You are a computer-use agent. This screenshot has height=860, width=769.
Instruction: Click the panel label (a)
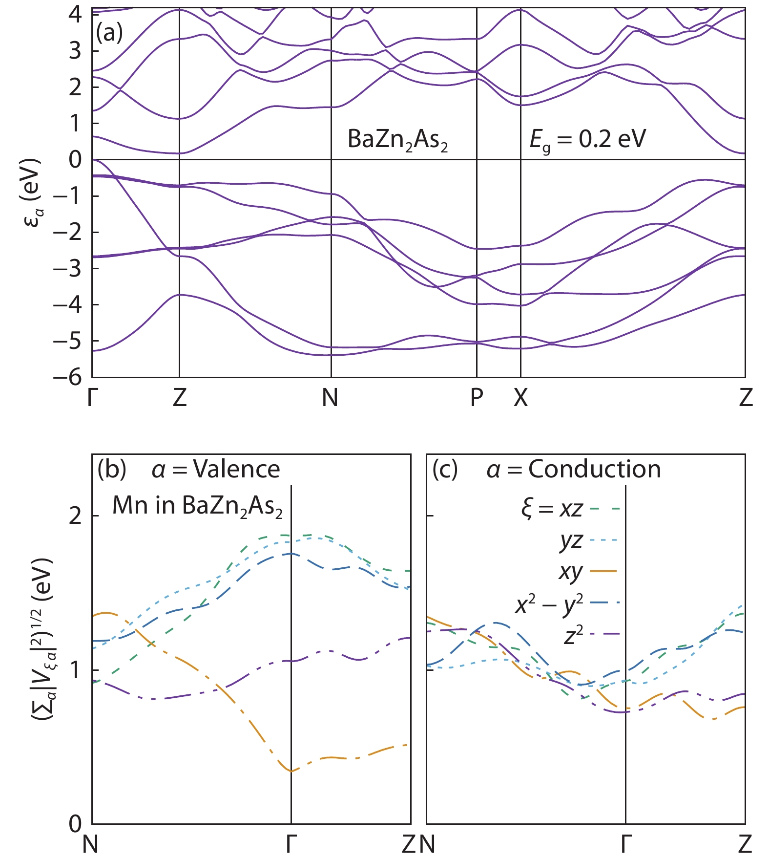(109, 33)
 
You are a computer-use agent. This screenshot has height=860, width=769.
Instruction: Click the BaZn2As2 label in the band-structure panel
(397, 140)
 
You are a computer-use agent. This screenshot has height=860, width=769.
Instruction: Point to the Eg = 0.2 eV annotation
(587, 140)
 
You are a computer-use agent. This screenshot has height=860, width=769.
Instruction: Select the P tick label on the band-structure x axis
(477, 398)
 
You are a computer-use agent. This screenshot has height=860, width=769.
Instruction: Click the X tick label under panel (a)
(520, 398)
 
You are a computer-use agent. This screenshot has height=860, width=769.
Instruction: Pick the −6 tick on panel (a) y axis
(68, 377)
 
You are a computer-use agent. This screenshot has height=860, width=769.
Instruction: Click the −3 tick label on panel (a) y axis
(68, 268)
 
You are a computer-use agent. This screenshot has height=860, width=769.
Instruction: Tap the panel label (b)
(112, 470)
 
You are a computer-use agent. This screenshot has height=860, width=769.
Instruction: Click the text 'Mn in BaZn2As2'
(197, 506)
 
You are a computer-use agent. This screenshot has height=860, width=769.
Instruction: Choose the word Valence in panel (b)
(237, 470)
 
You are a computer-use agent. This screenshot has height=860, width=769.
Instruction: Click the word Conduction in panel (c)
(595, 470)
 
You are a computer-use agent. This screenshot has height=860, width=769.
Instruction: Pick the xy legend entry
(571, 571)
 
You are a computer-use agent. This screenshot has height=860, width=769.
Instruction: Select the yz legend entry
(571, 540)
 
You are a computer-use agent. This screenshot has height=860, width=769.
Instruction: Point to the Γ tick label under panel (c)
(626, 844)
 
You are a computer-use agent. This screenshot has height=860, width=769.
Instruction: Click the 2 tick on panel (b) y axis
(75, 516)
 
